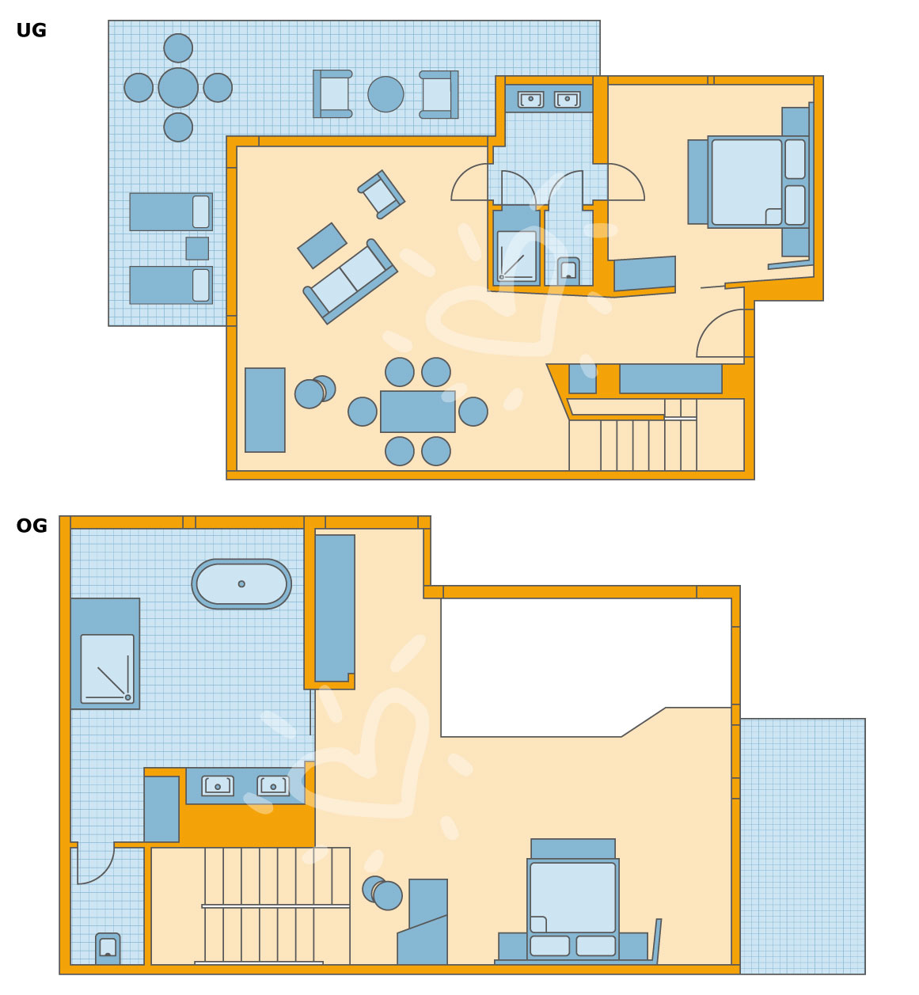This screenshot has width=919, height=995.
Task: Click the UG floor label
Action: (31, 30)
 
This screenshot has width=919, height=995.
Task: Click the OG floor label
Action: (32, 526)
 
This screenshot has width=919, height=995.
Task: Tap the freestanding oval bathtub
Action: (241, 583)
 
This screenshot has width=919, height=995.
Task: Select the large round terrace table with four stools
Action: (178, 88)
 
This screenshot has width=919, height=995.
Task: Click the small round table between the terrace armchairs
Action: (385, 94)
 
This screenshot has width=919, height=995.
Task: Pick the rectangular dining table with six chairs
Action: (417, 412)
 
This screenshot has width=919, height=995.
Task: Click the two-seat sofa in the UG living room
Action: (350, 281)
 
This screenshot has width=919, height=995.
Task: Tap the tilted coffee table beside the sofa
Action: (321, 245)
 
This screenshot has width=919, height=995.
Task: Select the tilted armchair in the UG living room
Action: (381, 195)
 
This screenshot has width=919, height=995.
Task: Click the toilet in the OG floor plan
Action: (108, 948)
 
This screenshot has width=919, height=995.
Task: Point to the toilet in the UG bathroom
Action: (568, 271)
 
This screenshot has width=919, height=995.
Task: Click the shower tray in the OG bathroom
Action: (107, 669)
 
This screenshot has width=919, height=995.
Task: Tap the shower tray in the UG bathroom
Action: (516, 256)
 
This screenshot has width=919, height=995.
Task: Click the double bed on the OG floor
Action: (573, 909)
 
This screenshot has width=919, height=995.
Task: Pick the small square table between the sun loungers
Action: (197, 249)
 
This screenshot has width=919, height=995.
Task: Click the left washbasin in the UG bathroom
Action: (530, 99)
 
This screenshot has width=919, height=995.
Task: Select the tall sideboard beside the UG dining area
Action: (264, 410)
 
